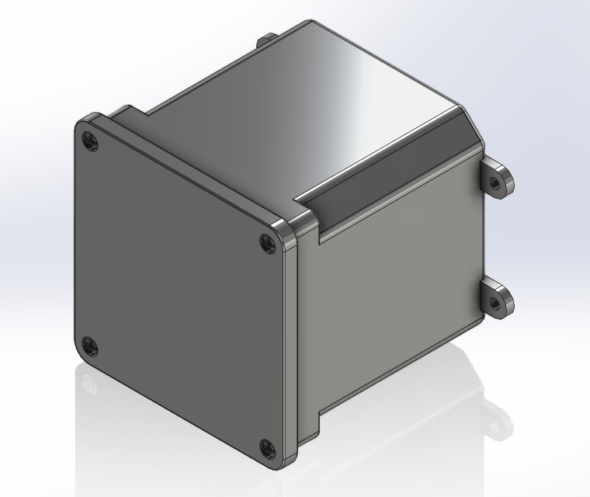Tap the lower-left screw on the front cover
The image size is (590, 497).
coord(90,346)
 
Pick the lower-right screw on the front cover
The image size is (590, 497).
coord(268,447)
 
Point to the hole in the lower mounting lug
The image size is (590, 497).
coord(494,301)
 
